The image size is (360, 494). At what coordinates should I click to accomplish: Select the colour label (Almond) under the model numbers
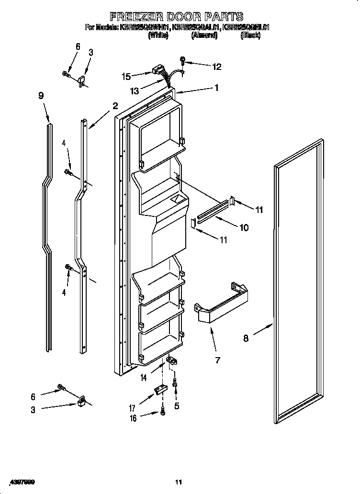point(204,35)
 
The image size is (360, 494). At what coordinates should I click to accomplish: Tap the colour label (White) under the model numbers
point(158,35)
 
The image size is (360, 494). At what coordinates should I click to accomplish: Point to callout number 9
point(41,96)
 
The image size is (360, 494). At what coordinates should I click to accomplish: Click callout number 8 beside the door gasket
point(246,338)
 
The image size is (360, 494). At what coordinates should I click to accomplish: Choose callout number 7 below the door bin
point(218,360)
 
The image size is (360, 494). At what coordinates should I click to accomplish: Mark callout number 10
point(244,228)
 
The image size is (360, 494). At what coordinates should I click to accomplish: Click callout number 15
point(126,76)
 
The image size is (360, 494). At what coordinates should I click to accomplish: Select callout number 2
point(115,106)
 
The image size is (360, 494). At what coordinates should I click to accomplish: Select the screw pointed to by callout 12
point(183,60)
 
